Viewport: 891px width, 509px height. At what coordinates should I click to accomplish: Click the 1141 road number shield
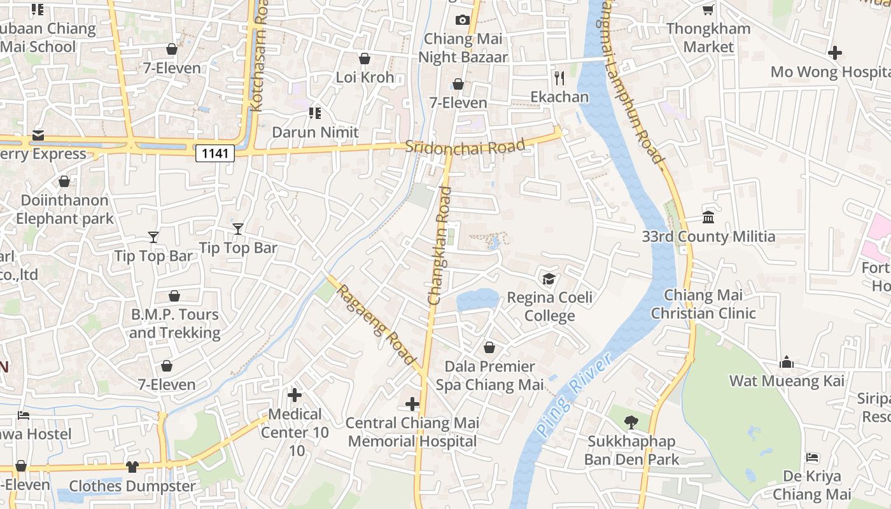click(215, 153)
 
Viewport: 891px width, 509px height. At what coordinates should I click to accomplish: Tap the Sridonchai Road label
click(465, 147)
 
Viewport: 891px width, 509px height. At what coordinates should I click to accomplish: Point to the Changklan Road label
click(439, 245)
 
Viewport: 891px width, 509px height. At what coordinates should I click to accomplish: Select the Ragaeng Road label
click(375, 325)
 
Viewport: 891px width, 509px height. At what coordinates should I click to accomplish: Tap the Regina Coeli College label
click(549, 307)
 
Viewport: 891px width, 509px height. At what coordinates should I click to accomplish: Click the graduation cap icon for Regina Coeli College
click(549, 279)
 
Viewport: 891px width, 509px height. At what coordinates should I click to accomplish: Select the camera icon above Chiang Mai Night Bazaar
click(463, 20)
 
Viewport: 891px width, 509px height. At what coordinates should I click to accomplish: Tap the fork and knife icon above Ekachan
click(559, 78)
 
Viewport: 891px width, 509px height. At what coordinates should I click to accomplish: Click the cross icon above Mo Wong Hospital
click(835, 53)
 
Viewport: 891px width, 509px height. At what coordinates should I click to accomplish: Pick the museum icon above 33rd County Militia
click(708, 218)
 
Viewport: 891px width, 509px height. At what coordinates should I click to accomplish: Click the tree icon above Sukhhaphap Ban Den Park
click(631, 422)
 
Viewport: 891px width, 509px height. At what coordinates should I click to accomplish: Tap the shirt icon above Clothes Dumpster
click(132, 466)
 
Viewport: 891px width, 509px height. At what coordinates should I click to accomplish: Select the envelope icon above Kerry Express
click(38, 135)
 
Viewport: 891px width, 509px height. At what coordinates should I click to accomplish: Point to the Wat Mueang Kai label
click(787, 381)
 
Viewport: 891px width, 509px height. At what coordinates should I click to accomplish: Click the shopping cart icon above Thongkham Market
click(708, 10)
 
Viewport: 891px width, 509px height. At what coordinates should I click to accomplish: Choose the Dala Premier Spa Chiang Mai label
click(489, 375)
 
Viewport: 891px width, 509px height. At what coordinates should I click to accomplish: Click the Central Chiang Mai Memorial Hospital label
click(412, 432)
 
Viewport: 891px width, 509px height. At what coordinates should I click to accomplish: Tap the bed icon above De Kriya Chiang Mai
click(812, 457)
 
